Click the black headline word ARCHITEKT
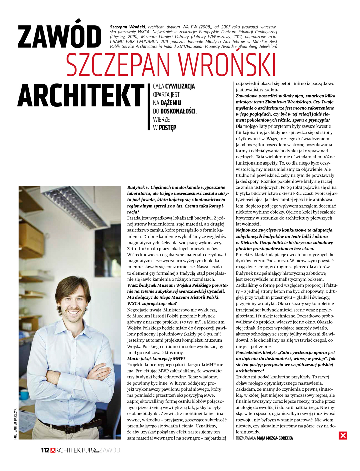tap(81, 96)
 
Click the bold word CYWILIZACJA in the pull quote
tap(180, 86)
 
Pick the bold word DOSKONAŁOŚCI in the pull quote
tap(178, 111)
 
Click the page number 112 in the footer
tap(45, 450)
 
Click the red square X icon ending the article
tap(343, 436)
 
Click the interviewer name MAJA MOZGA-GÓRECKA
tap(275, 438)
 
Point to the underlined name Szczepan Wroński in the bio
tap(127, 27)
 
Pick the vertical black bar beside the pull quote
tap(149, 107)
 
